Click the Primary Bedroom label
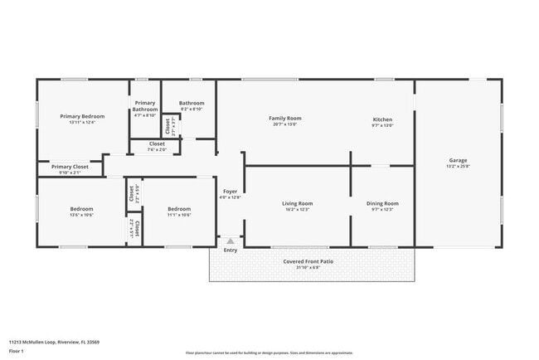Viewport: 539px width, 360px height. (82, 116)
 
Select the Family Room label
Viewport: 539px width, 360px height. (284, 118)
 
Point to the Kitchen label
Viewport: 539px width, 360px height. (382, 118)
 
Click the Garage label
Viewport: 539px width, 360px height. (458, 160)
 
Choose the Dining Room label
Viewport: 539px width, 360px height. (382, 203)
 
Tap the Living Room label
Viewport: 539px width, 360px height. (297, 203)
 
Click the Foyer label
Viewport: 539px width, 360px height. (230, 192)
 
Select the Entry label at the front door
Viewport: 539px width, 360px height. (230, 250)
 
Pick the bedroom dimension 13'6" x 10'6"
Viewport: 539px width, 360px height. (81, 215)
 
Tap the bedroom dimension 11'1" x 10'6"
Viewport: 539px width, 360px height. (179, 215)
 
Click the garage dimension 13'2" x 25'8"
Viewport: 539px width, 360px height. (458, 167)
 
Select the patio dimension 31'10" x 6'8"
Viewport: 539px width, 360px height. (311, 268)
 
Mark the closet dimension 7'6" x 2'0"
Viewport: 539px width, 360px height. (157, 150)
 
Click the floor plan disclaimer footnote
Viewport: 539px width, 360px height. (269, 353)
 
